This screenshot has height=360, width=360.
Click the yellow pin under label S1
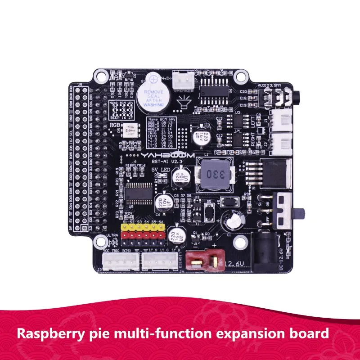click(x=125, y=228)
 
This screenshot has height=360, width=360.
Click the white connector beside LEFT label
click(x=279, y=120)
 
